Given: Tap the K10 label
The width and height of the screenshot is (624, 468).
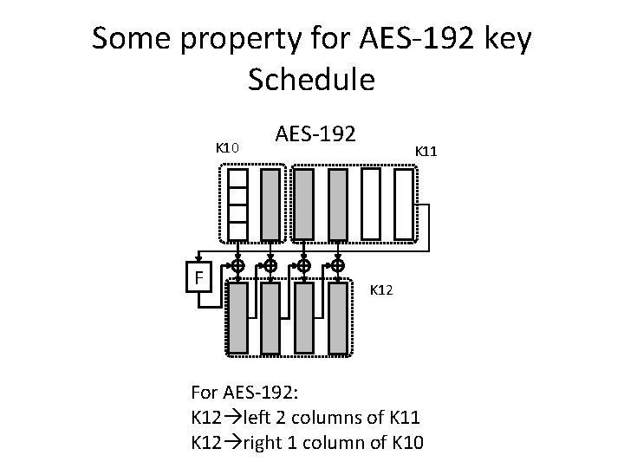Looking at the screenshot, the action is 227,148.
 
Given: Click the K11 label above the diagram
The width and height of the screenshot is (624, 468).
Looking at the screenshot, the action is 426,151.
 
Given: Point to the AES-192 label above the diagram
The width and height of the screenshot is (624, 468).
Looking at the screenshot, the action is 315,134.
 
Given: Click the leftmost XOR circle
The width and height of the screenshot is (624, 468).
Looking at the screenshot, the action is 237,264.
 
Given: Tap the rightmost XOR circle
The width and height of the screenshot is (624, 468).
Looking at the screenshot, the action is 338,264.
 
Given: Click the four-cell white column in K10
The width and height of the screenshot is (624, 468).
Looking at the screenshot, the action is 237,204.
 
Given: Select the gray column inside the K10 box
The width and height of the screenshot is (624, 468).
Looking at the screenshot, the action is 270,204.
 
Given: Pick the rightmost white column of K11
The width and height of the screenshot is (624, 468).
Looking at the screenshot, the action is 404,204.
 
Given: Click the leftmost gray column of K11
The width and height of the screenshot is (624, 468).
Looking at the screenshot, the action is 304,204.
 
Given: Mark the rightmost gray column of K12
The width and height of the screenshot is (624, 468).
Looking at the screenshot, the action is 338,318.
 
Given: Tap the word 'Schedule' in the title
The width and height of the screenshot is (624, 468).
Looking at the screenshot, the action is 311,80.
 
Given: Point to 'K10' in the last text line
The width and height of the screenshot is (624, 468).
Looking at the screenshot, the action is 403,443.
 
